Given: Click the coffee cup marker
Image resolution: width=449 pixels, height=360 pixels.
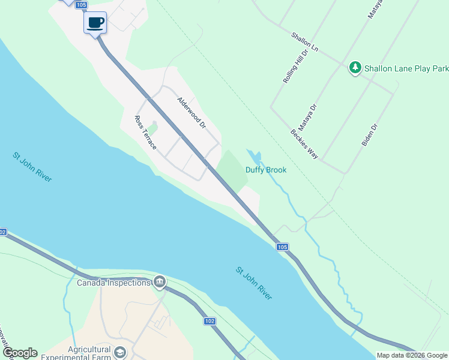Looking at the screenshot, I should coord(95,23).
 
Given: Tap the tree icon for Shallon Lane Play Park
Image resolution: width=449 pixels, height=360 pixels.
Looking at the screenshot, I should coord(355,67).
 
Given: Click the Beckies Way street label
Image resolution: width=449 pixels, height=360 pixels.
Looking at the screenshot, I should coord(304,144).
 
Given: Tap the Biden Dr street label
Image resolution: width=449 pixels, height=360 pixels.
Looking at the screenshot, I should coord(369,136).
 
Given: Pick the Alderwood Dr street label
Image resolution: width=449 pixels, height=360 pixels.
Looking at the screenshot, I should coord(191,113).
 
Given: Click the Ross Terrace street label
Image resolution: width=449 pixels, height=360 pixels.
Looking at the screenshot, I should coord(145,133).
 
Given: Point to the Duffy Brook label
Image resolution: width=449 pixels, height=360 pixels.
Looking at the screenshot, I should coord(266,170).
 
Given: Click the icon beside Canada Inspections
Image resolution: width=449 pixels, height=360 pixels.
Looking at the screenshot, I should coord(160,282).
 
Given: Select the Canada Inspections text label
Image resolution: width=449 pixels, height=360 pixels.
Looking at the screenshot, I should coord(113,283).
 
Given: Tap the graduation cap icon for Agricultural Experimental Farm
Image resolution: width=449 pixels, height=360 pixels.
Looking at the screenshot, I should coord(121,352).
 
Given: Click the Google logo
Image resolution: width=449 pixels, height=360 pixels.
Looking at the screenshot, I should coord(20,353).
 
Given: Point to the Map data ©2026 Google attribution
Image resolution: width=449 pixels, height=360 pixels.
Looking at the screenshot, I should coord(412,355).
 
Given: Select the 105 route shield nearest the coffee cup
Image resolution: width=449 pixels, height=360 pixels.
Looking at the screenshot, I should coord(82,4).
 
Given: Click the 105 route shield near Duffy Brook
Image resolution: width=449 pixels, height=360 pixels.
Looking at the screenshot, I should coord(283,247).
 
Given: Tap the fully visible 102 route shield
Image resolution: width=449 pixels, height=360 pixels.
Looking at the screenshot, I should coord(209,321).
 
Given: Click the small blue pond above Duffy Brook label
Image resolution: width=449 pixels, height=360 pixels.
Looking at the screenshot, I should coord(256,157).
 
